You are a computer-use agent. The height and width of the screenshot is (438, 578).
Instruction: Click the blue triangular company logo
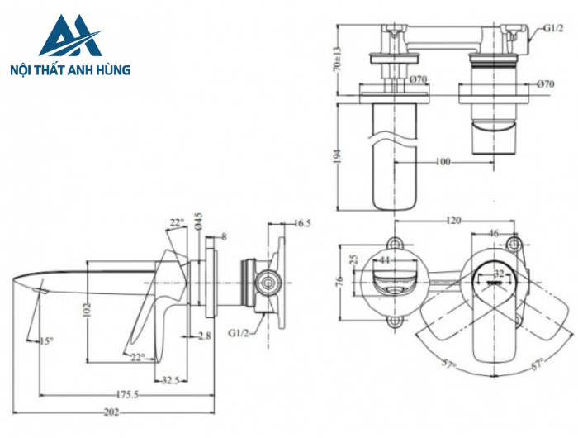[69, 36]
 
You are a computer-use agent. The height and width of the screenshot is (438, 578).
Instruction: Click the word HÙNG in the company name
[111, 70]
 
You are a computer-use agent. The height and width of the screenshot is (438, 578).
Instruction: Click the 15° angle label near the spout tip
[47, 341]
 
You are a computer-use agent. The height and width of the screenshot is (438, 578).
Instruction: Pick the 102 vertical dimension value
[85, 309]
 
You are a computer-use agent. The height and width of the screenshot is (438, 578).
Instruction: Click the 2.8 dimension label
[206, 335]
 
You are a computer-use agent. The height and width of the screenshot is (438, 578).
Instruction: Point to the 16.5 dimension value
[302, 223]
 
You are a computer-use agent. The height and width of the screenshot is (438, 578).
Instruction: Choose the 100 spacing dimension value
[443, 162]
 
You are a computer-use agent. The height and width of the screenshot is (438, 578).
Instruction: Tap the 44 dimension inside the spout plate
[385, 259]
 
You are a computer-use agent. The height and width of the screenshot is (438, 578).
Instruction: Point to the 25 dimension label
[355, 260]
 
